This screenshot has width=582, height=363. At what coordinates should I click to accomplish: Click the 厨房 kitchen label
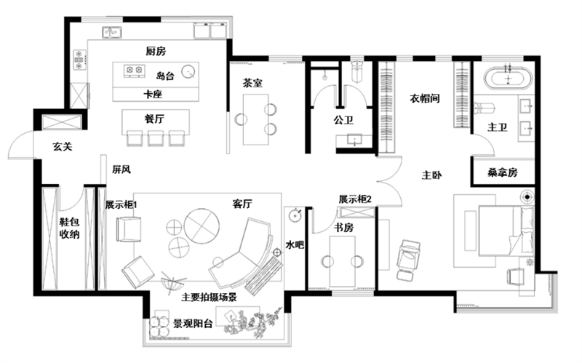pos(156,51)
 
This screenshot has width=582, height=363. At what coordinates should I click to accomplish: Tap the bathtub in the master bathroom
pos(508,78)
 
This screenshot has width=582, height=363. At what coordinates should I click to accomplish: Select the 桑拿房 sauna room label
pos(503,172)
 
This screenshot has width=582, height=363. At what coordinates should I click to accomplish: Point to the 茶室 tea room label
pos(252,83)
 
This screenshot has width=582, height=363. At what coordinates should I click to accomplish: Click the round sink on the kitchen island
pos(188,71)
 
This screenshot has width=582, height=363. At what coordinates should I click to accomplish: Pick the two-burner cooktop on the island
pos(134,70)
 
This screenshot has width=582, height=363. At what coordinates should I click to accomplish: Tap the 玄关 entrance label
pos(63,146)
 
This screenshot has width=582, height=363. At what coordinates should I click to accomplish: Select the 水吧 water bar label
pos(295,244)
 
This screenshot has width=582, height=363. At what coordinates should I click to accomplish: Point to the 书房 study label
pos(343,227)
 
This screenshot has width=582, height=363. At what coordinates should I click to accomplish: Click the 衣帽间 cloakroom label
pos(425,98)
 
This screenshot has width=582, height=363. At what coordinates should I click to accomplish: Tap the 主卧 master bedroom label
pos(431,175)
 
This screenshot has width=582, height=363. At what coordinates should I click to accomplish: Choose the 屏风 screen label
pos(121,169)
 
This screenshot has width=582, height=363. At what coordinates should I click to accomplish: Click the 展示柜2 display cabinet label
pos(355,199)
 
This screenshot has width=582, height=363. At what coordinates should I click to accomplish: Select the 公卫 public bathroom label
pos(343,119)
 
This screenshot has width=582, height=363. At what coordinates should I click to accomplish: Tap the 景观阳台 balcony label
pos(193,323)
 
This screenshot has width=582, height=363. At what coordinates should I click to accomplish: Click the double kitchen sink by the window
pos(112,32)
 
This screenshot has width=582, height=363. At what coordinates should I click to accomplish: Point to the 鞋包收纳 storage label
pos(70,228)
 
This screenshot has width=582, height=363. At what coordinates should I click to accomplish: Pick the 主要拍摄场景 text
pos(209,297)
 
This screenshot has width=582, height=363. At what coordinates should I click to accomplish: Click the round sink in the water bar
pos(295,215)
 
